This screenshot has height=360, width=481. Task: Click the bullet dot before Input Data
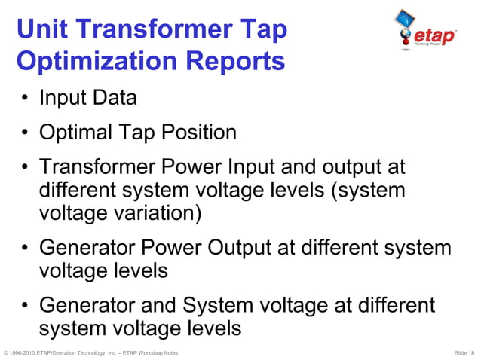[x=25, y=99]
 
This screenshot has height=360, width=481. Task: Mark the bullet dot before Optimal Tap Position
[x=25, y=133]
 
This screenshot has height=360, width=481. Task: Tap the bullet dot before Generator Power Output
[x=25, y=249]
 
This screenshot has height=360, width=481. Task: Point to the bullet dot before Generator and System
[x=25, y=307]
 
